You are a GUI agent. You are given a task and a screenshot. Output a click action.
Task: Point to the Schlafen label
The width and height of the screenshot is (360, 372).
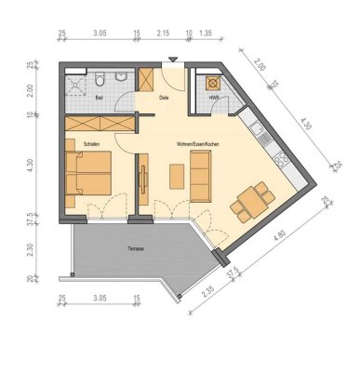(x=90, y=144)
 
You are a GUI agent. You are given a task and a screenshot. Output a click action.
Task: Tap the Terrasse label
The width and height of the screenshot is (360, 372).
(x=138, y=248)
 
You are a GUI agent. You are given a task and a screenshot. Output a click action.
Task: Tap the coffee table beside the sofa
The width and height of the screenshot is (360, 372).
(x=176, y=176)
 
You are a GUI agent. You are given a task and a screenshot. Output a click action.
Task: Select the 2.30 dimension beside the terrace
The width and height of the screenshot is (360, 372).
(x=32, y=249)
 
